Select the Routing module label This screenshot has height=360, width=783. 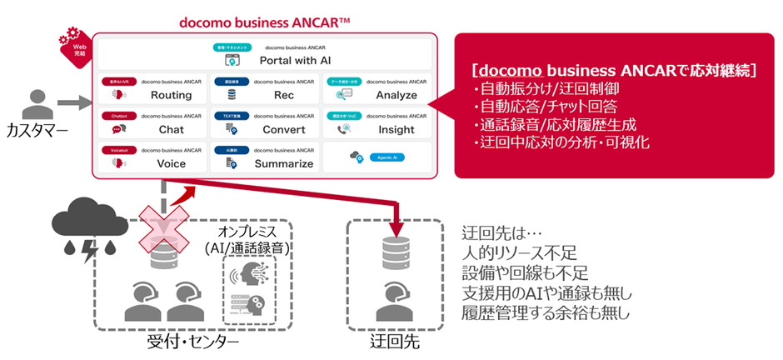[171, 96]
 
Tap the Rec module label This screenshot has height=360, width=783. [283, 96]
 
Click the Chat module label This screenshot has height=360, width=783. [171, 130]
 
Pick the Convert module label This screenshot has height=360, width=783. [283, 130]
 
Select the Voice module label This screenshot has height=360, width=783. [171, 164]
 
